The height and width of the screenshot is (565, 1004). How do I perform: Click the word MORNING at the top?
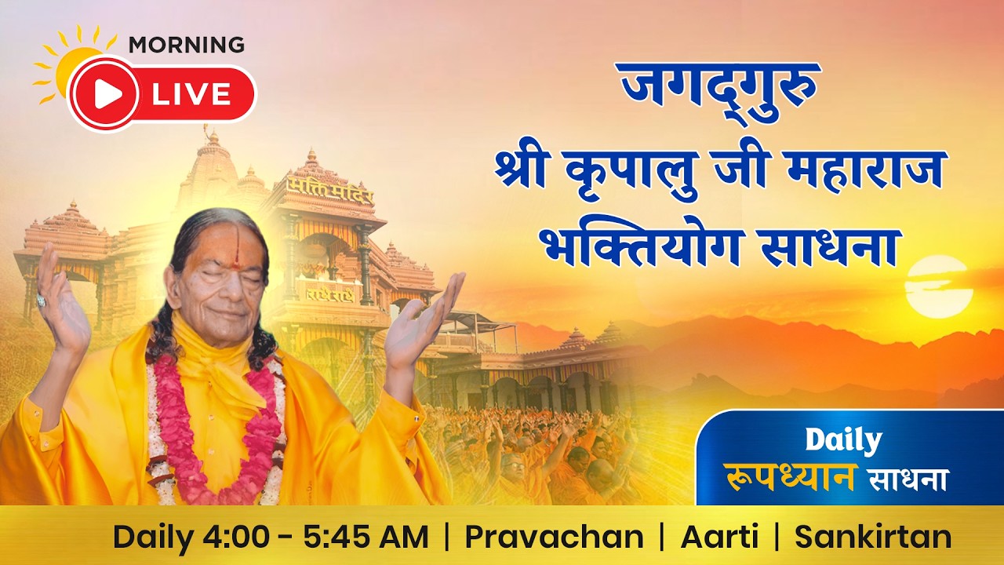click(x=186, y=45)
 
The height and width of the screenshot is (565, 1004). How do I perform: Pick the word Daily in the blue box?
click(x=844, y=441)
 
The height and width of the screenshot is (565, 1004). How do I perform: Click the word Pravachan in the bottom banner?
click(x=554, y=538)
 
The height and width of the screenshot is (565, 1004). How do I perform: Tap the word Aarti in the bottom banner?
click(x=719, y=538)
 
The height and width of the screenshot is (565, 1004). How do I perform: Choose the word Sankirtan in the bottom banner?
click(x=873, y=538)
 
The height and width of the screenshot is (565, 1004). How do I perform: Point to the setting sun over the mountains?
click(x=939, y=286)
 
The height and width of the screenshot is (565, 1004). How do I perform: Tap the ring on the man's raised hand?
click(x=42, y=301)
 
